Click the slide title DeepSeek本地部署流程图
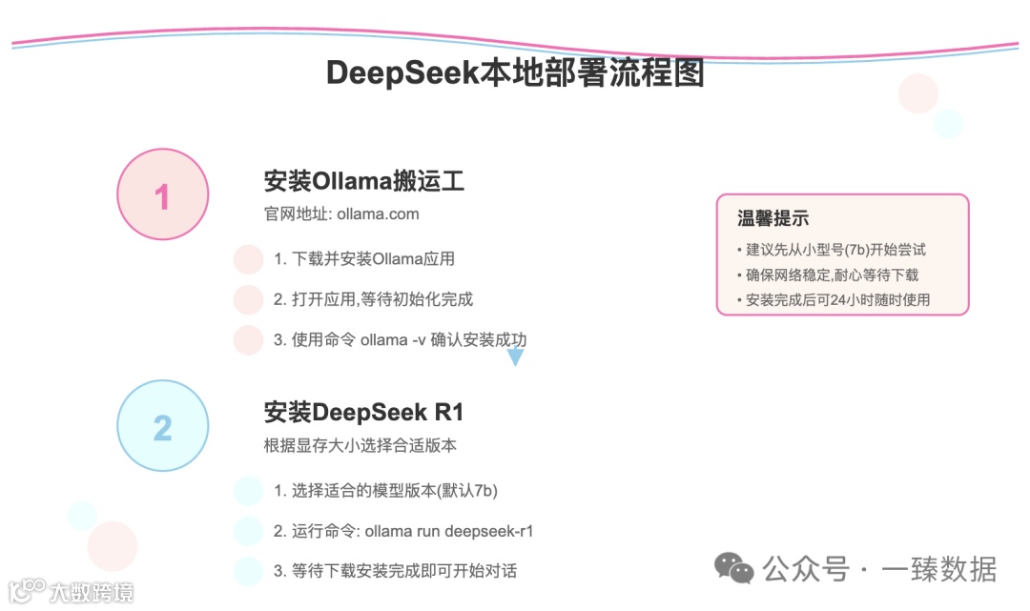coord(515,73)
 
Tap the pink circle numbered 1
coord(162,196)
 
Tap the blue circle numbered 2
coord(162,427)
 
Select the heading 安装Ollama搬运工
coord(363,181)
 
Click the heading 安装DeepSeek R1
coord(363,413)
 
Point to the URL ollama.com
coord(378,214)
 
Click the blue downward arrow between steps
coord(515,357)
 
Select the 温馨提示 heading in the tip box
coord(772,218)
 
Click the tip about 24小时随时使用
coord(834,299)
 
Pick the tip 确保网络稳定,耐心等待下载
coord(828,275)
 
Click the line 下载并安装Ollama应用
coord(364,258)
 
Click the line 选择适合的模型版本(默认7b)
coord(385,491)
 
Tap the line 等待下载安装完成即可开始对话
coord(395,571)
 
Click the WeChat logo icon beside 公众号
coord(734,569)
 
